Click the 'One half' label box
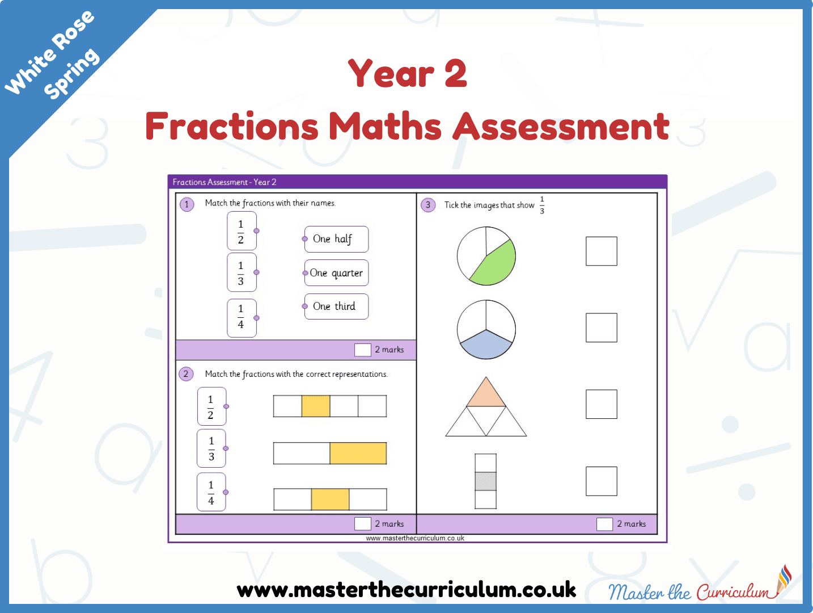[336, 239]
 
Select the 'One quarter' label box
[336, 273]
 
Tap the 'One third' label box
[336, 306]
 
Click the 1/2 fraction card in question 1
[242, 231]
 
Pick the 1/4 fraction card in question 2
[211, 492]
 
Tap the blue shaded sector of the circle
[486, 345]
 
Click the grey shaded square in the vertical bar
[485, 481]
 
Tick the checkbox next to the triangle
[602, 404]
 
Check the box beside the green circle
[602, 251]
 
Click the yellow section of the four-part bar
[316, 406]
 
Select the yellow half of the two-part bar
[358, 453]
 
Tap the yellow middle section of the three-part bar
[330, 499]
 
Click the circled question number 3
[428, 205]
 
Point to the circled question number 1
[187, 204]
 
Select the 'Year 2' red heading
[408, 73]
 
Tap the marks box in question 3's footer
[604, 524]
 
